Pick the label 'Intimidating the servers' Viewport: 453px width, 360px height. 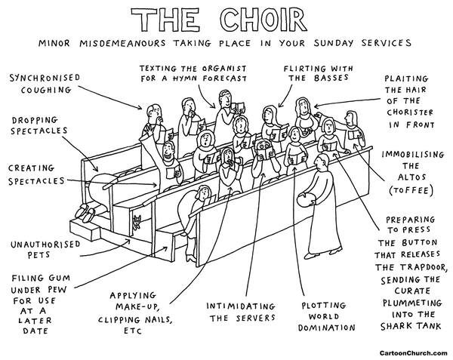(242, 312)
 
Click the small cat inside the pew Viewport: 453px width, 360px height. (136, 221)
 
